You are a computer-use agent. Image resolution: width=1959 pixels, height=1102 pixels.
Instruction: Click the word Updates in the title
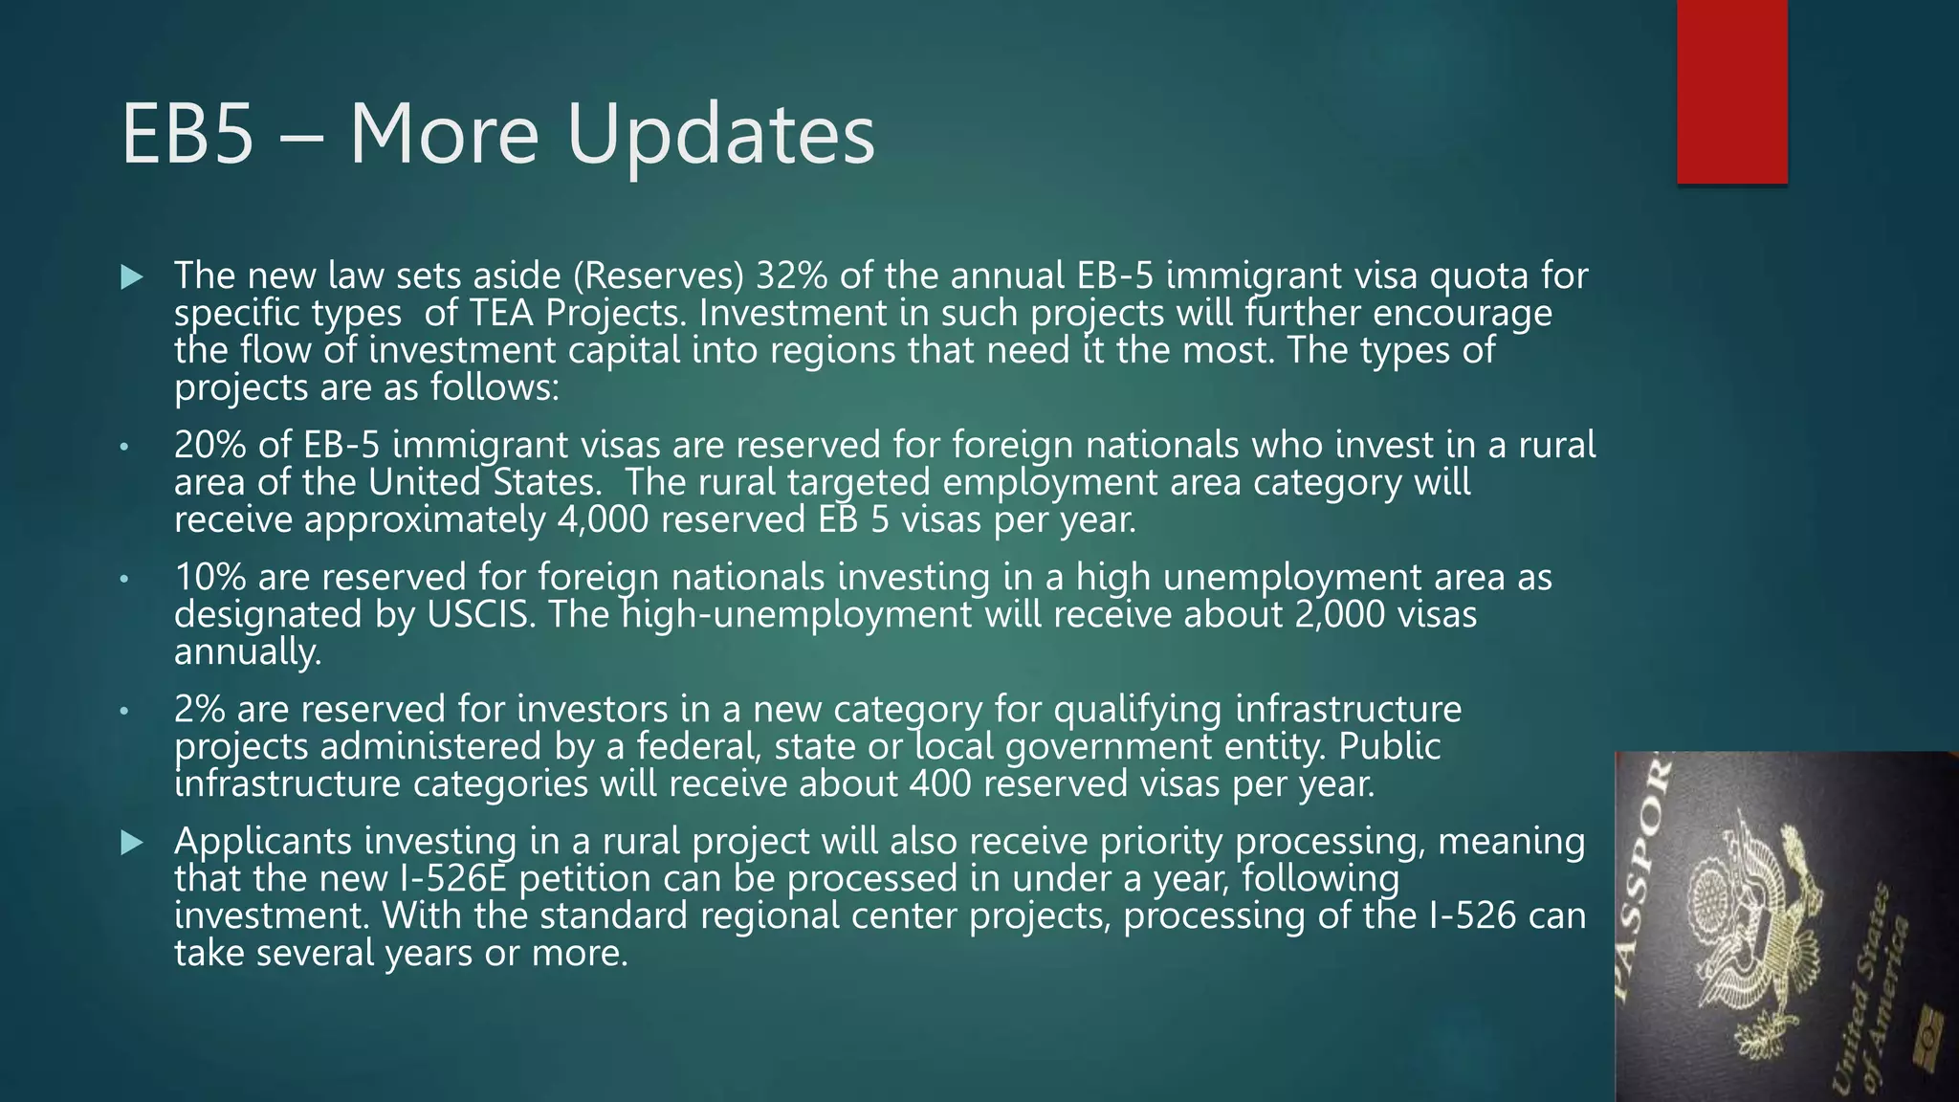[720, 135]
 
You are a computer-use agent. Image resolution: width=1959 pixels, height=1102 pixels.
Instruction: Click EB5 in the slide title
[188, 135]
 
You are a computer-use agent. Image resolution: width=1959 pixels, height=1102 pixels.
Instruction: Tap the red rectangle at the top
[1731, 91]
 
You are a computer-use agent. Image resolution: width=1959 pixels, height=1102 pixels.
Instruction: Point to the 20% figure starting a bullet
[209, 445]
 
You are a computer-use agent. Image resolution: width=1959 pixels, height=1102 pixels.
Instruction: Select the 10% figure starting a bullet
[209, 577]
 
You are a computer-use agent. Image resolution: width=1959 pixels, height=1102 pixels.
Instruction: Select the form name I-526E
[451, 878]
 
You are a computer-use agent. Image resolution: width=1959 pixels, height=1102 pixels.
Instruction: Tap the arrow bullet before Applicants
[132, 842]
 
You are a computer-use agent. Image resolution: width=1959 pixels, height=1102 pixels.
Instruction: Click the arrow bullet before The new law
[132, 277]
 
